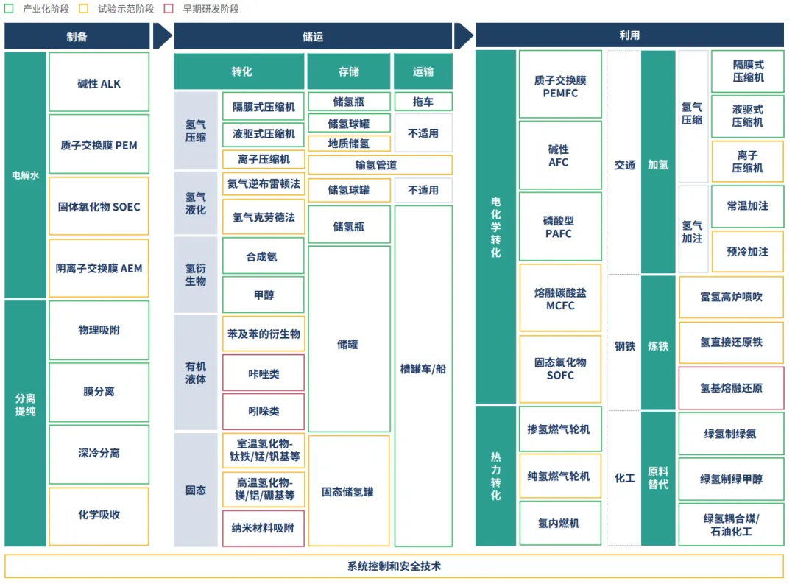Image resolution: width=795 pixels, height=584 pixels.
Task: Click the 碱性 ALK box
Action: [99, 82]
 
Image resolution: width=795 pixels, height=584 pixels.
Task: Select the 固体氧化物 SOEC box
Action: [99, 207]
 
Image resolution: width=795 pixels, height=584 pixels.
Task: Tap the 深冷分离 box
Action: [99, 454]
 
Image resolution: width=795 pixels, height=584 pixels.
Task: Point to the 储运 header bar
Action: [312, 36]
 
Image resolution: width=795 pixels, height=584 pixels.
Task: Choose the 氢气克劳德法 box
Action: [264, 217]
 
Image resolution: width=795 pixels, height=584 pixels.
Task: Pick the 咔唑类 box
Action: [264, 373]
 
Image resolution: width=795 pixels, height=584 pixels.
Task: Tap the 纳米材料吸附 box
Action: [264, 528]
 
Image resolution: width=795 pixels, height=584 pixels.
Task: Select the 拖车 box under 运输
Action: [423, 102]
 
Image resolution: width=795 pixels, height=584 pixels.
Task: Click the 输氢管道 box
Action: [380, 165]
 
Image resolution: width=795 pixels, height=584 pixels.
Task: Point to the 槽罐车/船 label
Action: [423, 369]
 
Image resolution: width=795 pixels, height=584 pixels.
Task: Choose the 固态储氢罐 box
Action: [348, 491]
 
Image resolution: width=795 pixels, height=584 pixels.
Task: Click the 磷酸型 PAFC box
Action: [559, 227]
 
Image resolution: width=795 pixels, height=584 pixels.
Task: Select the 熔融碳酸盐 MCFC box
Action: [559, 298]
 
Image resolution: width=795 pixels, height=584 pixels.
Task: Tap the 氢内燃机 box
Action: [559, 523]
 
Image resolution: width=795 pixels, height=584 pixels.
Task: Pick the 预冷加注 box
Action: [747, 252]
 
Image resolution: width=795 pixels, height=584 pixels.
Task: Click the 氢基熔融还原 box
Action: [731, 388]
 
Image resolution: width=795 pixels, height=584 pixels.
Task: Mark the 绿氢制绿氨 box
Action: [731, 434]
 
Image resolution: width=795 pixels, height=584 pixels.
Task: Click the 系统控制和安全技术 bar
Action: [395, 566]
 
